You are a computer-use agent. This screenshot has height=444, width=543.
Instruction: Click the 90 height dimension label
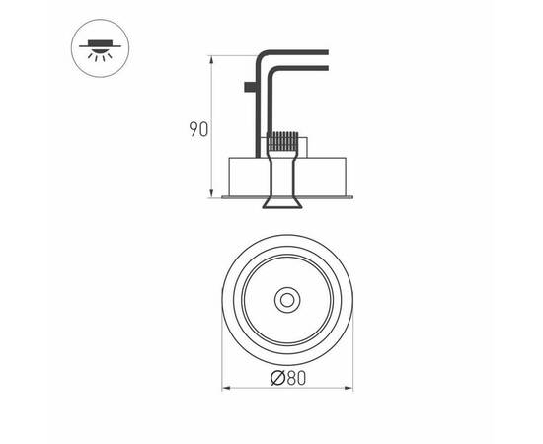click(x=198, y=129)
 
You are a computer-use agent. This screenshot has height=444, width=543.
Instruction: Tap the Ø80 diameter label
click(x=287, y=377)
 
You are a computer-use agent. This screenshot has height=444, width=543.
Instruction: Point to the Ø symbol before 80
click(x=275, y=377)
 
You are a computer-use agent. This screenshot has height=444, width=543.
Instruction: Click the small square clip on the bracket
click(x=247, y=88)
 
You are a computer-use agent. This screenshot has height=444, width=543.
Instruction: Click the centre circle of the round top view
click(x=287, y=298)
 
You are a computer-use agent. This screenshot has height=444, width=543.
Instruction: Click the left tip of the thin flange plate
click(x=223, y=197)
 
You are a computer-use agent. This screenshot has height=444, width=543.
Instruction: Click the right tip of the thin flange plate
click(x=352, y=197)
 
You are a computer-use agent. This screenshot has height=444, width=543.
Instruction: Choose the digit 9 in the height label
click(x=194, y=129)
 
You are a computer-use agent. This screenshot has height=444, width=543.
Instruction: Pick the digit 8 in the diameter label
click(x=287, y=377)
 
